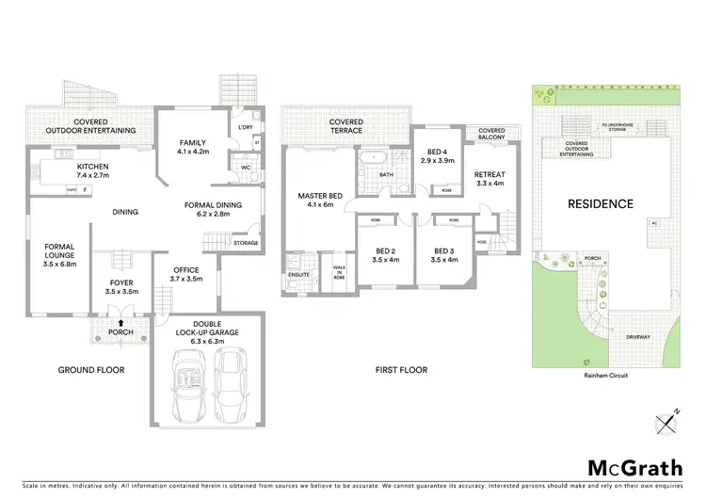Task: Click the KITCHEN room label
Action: tap(92, 167)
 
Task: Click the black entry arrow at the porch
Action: tap(121, 322)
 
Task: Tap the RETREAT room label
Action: tap(489, 174)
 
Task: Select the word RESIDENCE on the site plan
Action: tap(600, 203)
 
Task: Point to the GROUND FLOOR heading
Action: tap(91, 370)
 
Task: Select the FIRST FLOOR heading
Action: tap(400, 370)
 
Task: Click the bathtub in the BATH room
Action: tap(372, 156)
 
